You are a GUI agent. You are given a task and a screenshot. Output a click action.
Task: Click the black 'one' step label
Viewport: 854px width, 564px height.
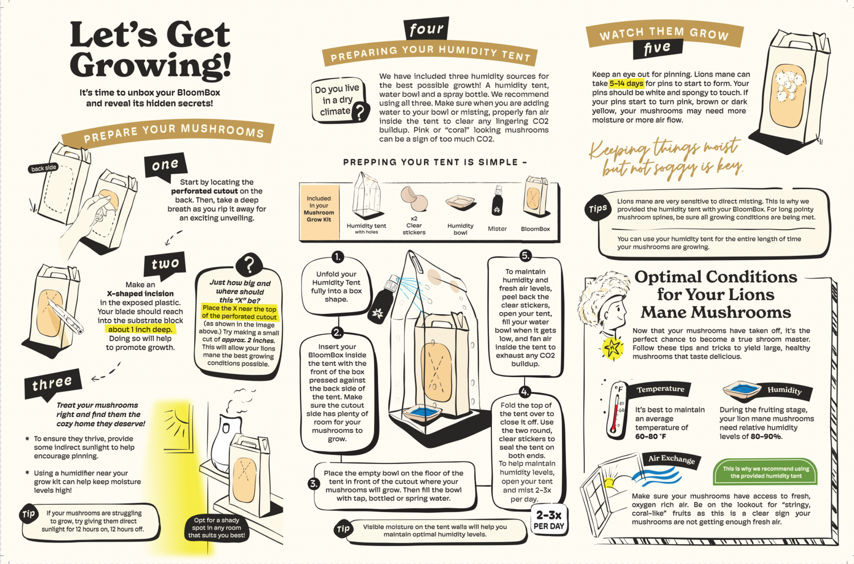tap(166, 165)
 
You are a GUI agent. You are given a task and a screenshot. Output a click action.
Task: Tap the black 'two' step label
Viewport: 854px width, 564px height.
tap(165, 263)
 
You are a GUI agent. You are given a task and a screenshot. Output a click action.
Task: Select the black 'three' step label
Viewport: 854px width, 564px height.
tap(52, 384)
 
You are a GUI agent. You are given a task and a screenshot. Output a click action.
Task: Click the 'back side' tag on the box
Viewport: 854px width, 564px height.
tap(43, 168)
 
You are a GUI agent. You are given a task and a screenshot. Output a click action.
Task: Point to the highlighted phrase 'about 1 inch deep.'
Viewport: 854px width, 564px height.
tap(140, 329)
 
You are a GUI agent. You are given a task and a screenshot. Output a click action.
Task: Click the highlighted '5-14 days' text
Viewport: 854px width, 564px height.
tap(626, 84)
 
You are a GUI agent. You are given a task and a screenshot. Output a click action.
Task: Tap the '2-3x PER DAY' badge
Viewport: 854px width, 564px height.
tap(549, 520)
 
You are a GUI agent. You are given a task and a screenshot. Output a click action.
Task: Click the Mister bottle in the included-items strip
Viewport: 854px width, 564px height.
tap(497, 201)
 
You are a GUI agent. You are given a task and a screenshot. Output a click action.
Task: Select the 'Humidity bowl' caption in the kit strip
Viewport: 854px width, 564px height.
tap(460, 229)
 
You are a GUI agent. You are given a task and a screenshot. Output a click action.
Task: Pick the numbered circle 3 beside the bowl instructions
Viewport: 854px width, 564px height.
tap(313, 484)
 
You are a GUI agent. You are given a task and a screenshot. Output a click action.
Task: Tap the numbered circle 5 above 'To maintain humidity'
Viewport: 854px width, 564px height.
tap(525, 255)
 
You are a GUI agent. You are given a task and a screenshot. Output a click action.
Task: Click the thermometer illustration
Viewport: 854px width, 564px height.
tap(615, 410)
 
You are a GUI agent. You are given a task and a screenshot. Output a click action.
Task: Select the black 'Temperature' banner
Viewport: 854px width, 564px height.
tap(660, 389)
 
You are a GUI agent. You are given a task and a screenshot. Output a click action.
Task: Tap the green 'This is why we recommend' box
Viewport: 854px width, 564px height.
tap(766, 472)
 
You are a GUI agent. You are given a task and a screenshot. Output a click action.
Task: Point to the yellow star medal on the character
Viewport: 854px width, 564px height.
tap(613, 348)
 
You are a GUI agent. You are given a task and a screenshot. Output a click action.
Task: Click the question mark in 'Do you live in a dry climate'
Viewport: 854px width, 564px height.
tap(359, 112)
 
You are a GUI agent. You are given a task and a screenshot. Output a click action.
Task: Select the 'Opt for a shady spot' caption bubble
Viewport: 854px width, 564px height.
tap(216, 528)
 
